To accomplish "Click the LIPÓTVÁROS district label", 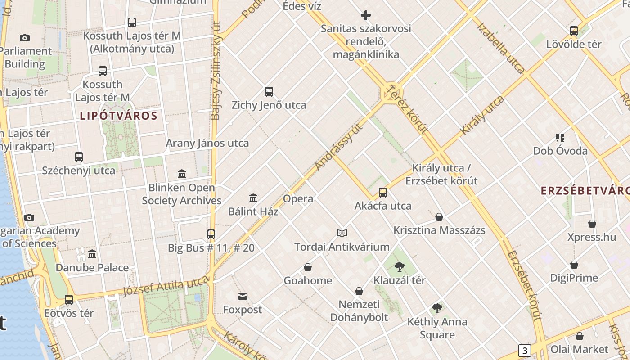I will point(119,116).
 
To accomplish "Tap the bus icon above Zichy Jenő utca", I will point(269,92).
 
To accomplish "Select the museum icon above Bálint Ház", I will point(253,198).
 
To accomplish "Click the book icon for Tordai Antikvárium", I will point(342,233).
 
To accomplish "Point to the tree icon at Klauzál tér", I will point(399,267).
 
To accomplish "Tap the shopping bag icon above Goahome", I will point(308,267).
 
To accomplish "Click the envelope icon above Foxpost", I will point(243,296).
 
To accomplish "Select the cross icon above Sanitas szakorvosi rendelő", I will point(366,15).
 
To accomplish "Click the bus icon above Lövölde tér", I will point(574,31).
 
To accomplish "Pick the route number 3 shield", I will point(524,350).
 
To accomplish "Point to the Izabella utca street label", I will point(500,48).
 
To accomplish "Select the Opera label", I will point(298,198).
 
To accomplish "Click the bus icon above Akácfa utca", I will point(383,193).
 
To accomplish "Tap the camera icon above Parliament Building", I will point(25,38).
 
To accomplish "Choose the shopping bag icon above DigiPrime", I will point(574,265).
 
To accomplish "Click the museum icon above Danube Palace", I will point(92,254).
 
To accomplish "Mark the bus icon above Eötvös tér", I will point(69,299).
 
